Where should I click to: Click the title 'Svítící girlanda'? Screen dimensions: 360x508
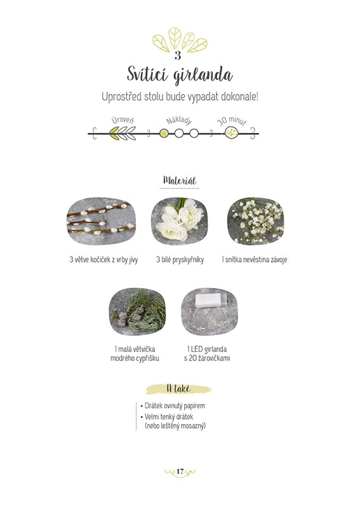point(180,75)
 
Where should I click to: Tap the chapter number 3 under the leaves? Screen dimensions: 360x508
point(178,56)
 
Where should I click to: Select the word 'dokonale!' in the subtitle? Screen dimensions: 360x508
point(240,97)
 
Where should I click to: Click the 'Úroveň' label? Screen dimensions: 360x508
point(123,120)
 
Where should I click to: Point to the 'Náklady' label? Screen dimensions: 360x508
point(179,121)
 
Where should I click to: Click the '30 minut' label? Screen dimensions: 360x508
point(232,121)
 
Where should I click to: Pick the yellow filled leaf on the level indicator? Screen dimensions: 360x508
point(114,133)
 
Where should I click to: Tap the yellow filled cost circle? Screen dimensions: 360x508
point(164,133)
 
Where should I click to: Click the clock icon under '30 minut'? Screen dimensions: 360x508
point(232,133)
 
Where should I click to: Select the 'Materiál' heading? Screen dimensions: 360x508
point(180,180)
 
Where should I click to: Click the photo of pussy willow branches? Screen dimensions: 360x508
point(101,221)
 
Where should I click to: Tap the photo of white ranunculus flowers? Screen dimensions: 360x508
point(179,221)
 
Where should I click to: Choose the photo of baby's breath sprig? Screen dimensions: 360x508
point(256,221)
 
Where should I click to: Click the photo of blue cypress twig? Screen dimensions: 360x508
point(137,312)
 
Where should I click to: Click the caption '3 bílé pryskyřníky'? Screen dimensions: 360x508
point(180,260)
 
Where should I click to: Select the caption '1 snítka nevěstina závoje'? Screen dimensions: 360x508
point(255,260)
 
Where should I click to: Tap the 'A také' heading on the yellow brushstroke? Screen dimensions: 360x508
point(178,389)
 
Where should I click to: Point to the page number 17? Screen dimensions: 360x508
point(180,471)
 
